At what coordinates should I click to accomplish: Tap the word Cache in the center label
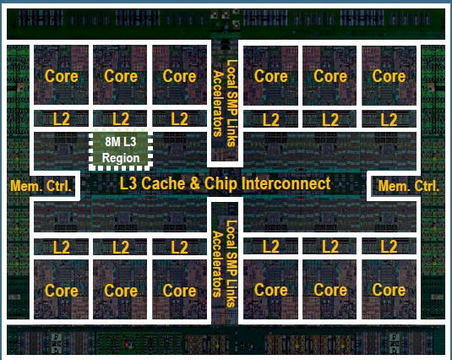point(163,183)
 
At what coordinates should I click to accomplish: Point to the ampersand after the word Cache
point(195,184)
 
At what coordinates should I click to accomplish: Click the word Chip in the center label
point(221,184)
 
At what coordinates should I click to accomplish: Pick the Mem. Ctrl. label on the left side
point(41,186)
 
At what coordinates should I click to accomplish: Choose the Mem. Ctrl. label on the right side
point(408,186)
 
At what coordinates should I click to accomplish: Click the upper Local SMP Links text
point(231,103)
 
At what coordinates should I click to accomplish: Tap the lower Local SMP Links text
point(231,264)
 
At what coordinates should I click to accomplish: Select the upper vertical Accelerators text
point(218,103)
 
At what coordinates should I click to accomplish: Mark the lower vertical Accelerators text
point(218,264)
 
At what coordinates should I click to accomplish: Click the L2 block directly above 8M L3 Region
point(120,119)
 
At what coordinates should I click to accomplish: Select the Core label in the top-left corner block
point(62,76)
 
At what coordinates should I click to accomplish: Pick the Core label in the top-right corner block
point(389,76)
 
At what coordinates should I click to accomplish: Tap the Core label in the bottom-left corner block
point(62,291)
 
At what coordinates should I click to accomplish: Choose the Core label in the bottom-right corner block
point(389,290)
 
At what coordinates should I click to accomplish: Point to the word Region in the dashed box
point(121,158)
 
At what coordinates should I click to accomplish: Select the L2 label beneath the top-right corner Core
point(389,119)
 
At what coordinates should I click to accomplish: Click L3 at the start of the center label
point(129,183)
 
